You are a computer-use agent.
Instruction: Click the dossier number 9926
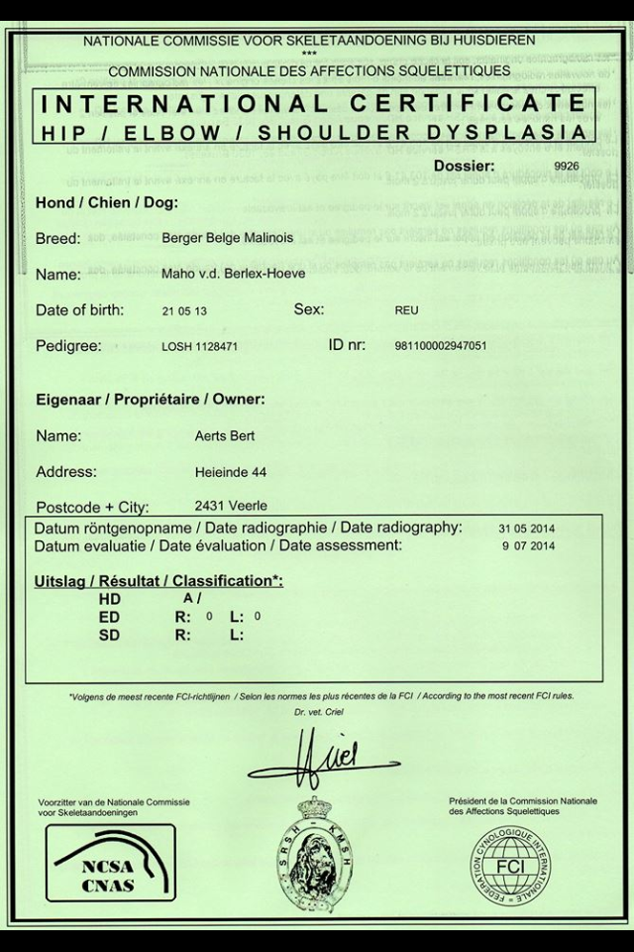point(566,167)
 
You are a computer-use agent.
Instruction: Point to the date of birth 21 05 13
point(185,311)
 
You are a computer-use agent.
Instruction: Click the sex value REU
point(406,311)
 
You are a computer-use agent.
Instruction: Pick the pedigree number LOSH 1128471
point(199,347)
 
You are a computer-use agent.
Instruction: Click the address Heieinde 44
point(232,472)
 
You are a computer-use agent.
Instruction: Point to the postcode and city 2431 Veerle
point(231,504)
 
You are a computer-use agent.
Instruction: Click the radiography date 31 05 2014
point(527,528)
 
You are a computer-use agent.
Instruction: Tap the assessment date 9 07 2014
point(530,546)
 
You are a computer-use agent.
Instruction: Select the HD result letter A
point(187,599)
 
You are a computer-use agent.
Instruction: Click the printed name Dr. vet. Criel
point(316,714)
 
